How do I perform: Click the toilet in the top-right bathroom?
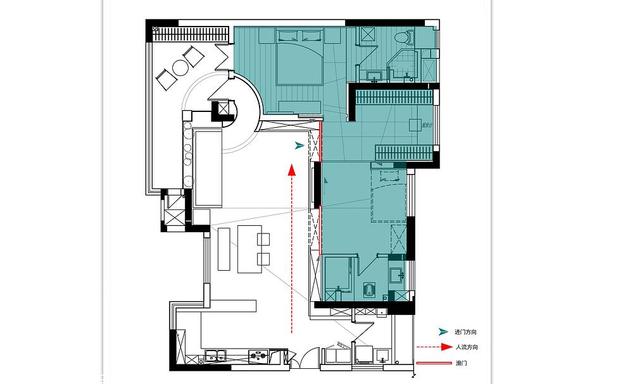point(401,38)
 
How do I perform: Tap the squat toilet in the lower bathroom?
point(369,289)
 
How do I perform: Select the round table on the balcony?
point(179,68)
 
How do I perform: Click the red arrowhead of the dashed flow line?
point(291,170)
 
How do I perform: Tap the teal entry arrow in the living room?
point(299,146)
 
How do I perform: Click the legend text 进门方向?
point(465,332)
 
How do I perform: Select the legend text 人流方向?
point(467,347)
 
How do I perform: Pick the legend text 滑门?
point(461,364)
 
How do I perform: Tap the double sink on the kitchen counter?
point(216,356)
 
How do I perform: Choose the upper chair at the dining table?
point(264,238)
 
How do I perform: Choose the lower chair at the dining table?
point(264,258)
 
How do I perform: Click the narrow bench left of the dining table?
point(225,249)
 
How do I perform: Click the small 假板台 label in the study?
point(421,125)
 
